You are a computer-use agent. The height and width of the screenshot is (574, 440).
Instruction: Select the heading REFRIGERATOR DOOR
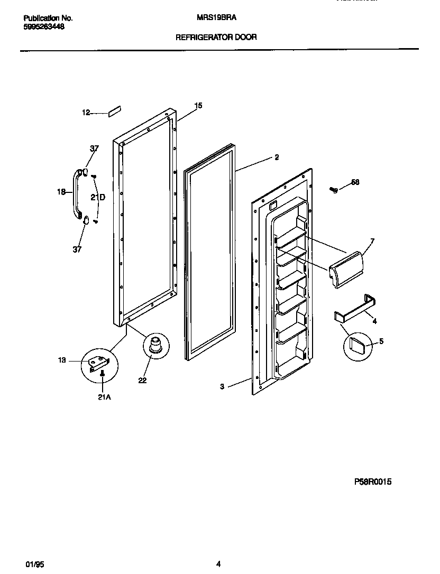pos(216,38)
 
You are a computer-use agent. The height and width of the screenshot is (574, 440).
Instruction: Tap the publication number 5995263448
pos(44,27)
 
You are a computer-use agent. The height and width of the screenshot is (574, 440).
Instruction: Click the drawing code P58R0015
pos(373,482)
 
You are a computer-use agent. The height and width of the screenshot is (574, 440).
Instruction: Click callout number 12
pos(86,113)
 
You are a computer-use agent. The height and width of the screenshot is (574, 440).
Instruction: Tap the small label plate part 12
pos(114,110)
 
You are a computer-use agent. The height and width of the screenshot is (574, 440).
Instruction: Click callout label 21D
pos(98,198)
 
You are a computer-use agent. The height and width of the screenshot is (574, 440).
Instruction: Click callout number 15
pos(198,106)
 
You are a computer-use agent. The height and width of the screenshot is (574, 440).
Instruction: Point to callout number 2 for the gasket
pos(276,157)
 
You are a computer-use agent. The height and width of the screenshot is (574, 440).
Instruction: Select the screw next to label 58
pos(334,189)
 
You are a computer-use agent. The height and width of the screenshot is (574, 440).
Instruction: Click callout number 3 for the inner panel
pos(223,387)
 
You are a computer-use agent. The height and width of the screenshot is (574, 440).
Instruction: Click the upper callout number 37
pos(94,149)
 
